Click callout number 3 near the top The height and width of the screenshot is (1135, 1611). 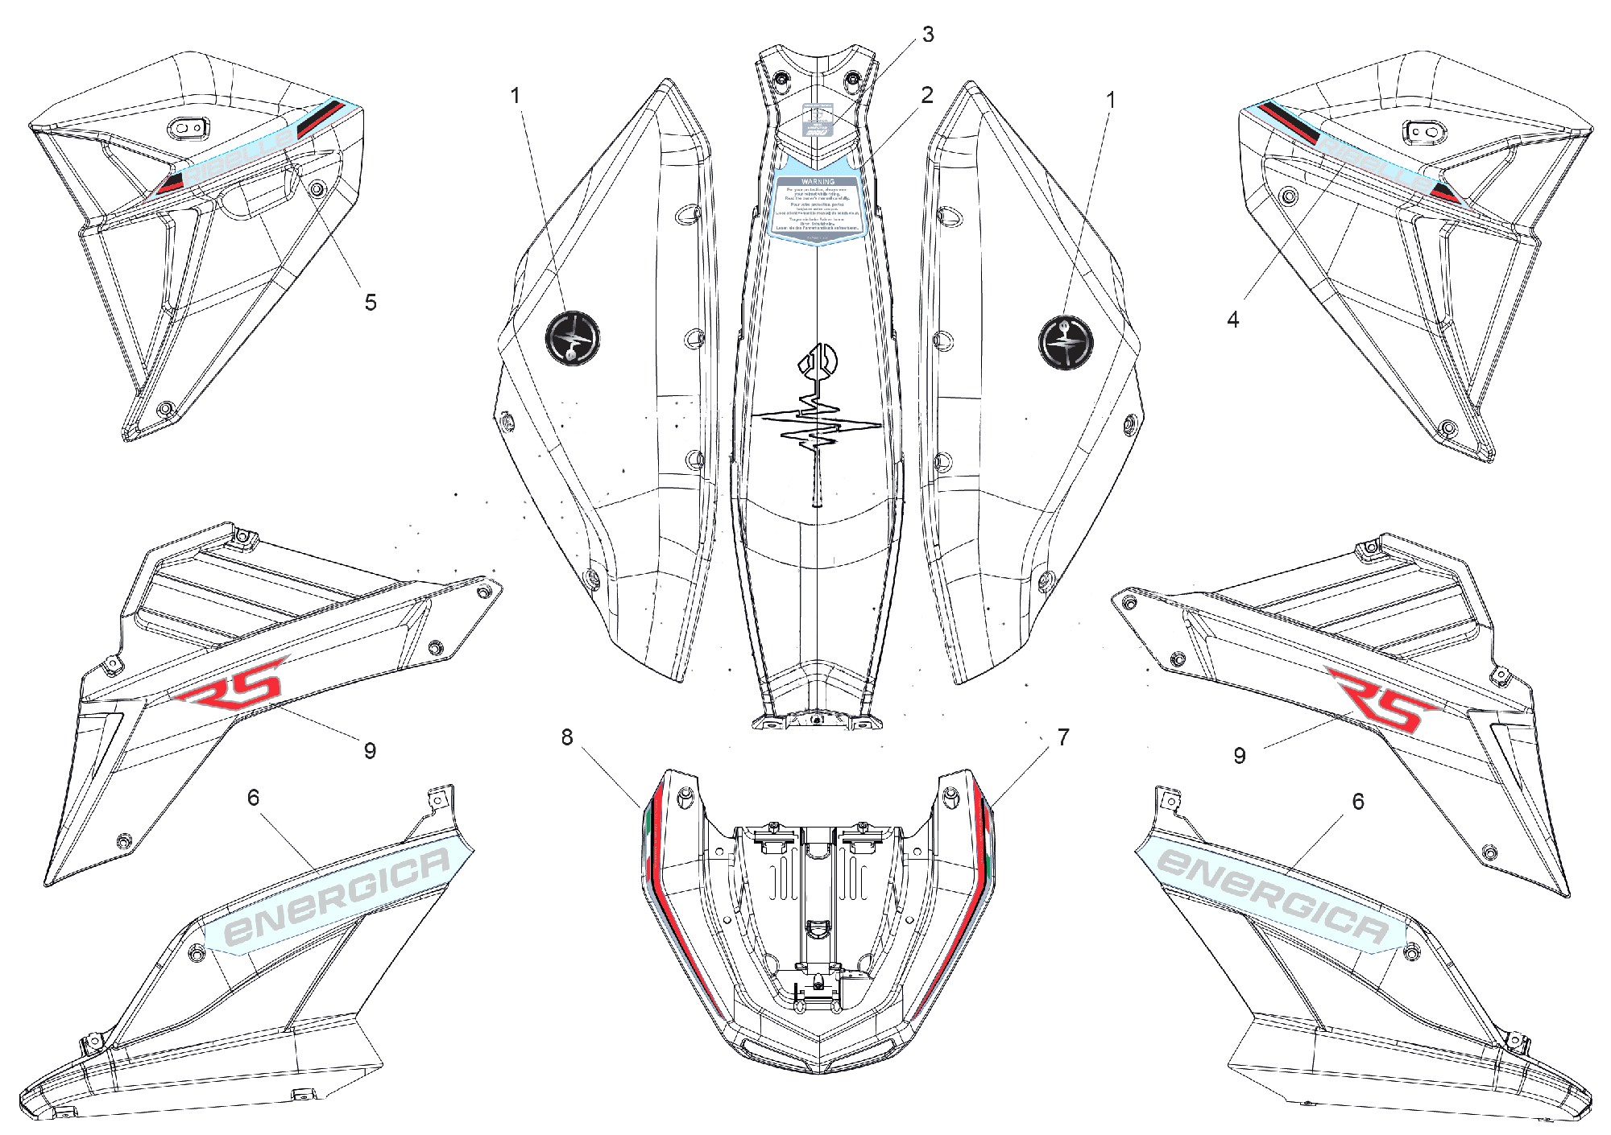coord(928,35)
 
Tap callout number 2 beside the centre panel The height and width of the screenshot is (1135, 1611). coord(927,95)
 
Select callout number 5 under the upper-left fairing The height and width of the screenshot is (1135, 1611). coord(371,303)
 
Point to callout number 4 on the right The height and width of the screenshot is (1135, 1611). coord(1232,320)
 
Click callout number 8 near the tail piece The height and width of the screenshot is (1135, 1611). coord(567,737)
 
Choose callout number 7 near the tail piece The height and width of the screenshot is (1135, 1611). coord(1063,737)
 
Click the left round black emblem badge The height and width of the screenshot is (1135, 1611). coord(573,338)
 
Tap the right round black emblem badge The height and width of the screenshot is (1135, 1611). coord(1066,342)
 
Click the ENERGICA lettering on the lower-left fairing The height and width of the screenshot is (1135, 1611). coord(337,895)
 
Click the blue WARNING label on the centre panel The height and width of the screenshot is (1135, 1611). coord(818,205)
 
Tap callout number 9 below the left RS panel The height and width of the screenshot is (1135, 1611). coord(370,751)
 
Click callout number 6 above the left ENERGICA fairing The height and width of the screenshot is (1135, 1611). coord(253,798)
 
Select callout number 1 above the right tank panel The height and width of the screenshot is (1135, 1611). coord(1111,101)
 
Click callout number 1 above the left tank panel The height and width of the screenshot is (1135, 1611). coord(516,96)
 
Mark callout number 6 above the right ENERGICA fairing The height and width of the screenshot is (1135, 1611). coord(1358,802)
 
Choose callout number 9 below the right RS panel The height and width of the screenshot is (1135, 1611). coord(1240,756)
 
